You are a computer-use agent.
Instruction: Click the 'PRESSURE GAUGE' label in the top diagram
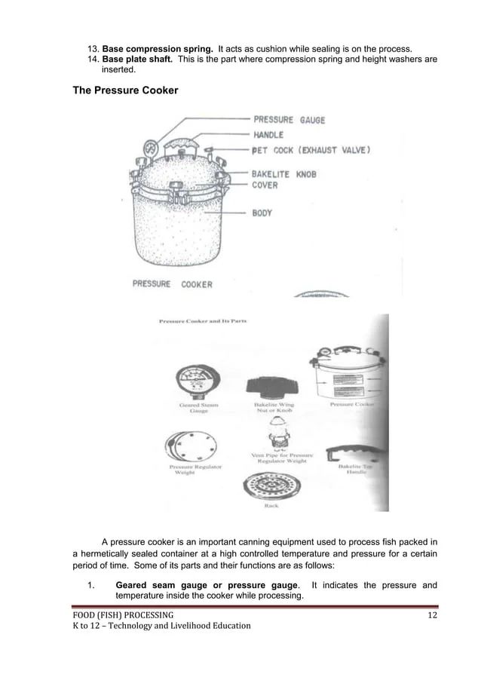pyautogui.click(x=289, y=120)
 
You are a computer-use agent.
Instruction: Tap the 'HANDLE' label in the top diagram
pyautogui.click(x=268, y=135)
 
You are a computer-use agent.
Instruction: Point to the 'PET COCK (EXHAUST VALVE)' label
pyautogui.click(x=311, y=149)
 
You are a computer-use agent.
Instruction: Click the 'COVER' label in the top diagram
pyautogui.click(x=265, y=185)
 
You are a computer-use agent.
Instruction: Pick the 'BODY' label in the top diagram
pyautogui.click(x=262, y=213)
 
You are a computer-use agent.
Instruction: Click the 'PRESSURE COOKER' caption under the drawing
pyautogui.click(x=173, y=284)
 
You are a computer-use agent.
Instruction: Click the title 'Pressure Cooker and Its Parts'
pyautogui.click(x=202, y=322)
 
